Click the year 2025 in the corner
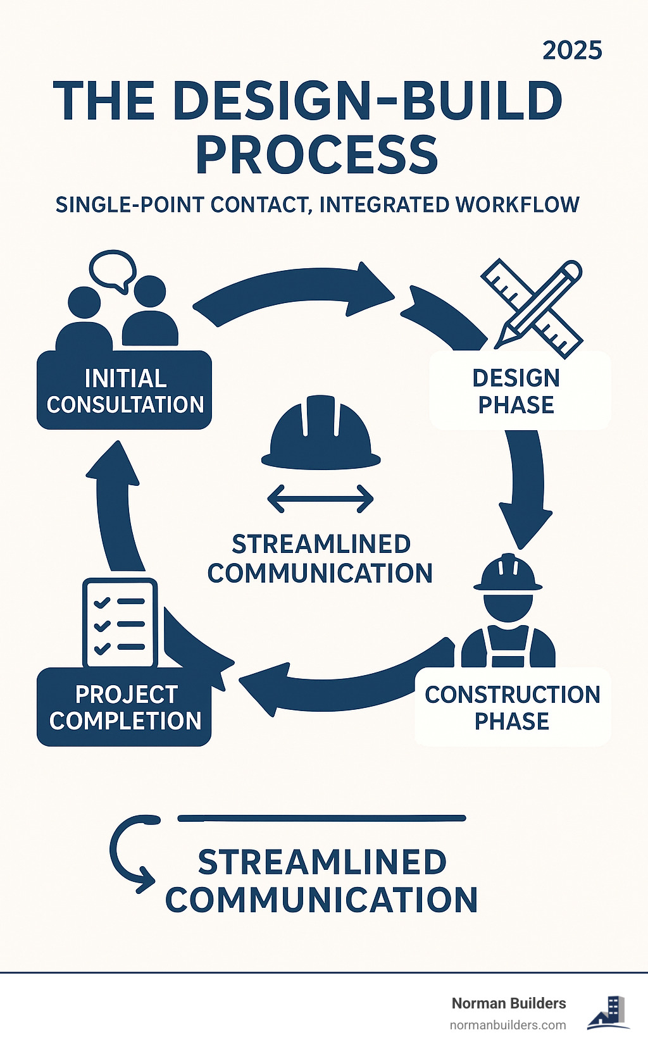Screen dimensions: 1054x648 pyautogui.click(x=572, y=51)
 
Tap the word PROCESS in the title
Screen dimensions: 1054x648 pyautogui.click(x=316, y=156)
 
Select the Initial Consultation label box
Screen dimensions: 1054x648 pyautogui.click(x=125, y=391)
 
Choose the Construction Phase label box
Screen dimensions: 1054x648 pyautogui.click(x=512, y=707)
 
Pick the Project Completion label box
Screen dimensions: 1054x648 pyautogui.click(x=125, y=707)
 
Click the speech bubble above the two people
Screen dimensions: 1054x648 pyautogui.click(x=113, y=270)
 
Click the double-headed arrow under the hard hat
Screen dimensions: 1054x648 pyautogui.click(x=321, y=499)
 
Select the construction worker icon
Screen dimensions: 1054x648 pyautogui.click(x=508, y=611)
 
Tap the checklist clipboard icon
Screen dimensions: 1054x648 pyautogui.click(x=120, y=623)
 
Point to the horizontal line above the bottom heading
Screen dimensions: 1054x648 pyautogui.click(x=321, y=818)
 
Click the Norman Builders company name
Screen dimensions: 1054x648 pyautogui.click(x=509, y=1003)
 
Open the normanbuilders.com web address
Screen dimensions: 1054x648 pyautogui.click(x=508, y=1025)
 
